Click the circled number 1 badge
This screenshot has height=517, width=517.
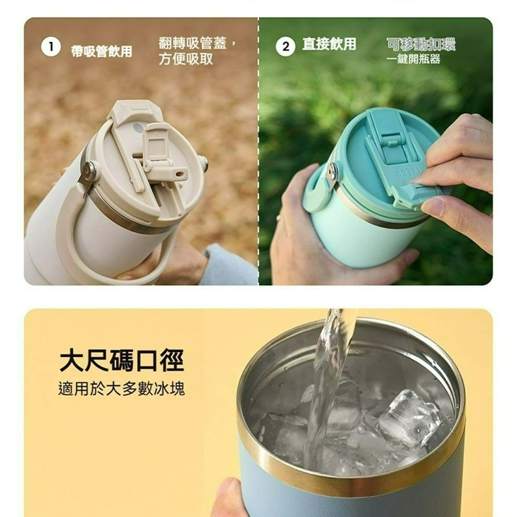(51, 47)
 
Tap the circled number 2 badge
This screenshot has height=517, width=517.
(285, 47)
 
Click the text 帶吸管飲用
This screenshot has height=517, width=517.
(101, 51)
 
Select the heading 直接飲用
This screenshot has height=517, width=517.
(329, 44)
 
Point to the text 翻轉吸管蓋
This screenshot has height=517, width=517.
(193, 43)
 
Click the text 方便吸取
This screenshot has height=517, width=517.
(186, 59)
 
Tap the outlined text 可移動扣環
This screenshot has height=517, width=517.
(421, 44)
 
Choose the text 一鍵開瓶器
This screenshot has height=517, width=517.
(414, 59)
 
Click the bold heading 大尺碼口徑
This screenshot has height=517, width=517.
(121, 360)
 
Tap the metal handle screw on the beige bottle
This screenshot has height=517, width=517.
(88, 169)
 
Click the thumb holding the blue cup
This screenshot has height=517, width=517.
(227, 498)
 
